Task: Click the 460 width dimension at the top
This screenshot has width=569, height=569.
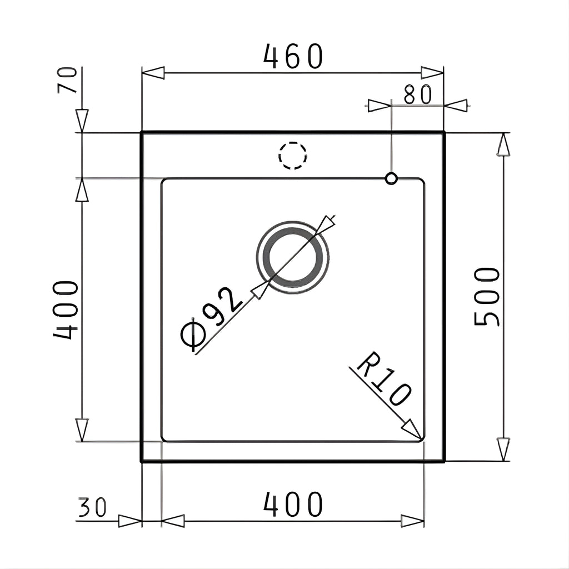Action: (x=292, y=56)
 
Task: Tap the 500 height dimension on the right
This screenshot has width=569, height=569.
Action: (x=487, y=297)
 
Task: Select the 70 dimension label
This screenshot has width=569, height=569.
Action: (x=67, y=80)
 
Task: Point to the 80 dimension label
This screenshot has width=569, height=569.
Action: (x=418, y=94)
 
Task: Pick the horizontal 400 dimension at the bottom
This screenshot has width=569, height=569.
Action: (x=292, y=505)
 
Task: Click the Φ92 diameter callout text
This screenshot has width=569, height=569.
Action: (x=211, y=320)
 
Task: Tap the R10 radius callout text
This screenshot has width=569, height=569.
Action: (x=385, y=378)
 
